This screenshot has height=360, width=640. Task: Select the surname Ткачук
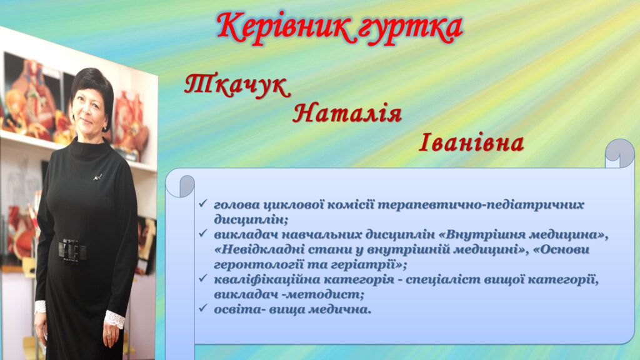pos(237,86)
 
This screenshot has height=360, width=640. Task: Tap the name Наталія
pos(347,114)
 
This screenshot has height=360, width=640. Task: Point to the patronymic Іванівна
pos(471,143)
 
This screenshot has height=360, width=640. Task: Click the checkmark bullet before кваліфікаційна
pos(202,279)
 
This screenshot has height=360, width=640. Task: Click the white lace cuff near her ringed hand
pos(114,318)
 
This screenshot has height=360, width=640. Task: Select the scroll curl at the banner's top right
pos(619,153)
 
